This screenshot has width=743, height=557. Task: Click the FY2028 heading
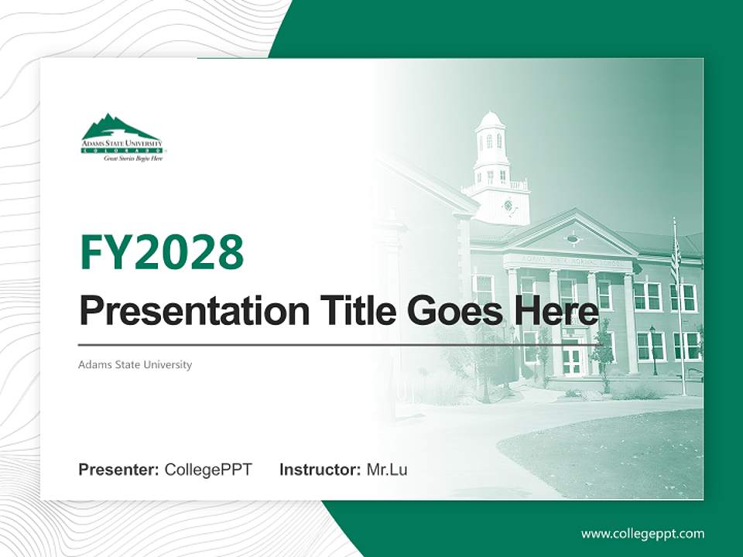tap(162, 252)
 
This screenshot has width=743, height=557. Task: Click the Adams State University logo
tap(122, 138)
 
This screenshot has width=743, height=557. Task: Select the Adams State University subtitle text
tap(135, 364)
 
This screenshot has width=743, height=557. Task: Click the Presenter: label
tap(119, 470)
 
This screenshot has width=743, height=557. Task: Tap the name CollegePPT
tap(208, 470)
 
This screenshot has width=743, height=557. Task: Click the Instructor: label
tap(320, 470)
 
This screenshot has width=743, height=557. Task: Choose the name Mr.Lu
tap(387, 470)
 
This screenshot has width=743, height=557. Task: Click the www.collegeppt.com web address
tap(642, 533)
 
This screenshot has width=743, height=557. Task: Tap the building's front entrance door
tap(573, 359)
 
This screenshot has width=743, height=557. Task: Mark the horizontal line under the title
tap(341, 344)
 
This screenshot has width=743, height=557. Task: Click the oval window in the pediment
tap(572, 239)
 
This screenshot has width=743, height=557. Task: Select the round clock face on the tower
tap(508, 205)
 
